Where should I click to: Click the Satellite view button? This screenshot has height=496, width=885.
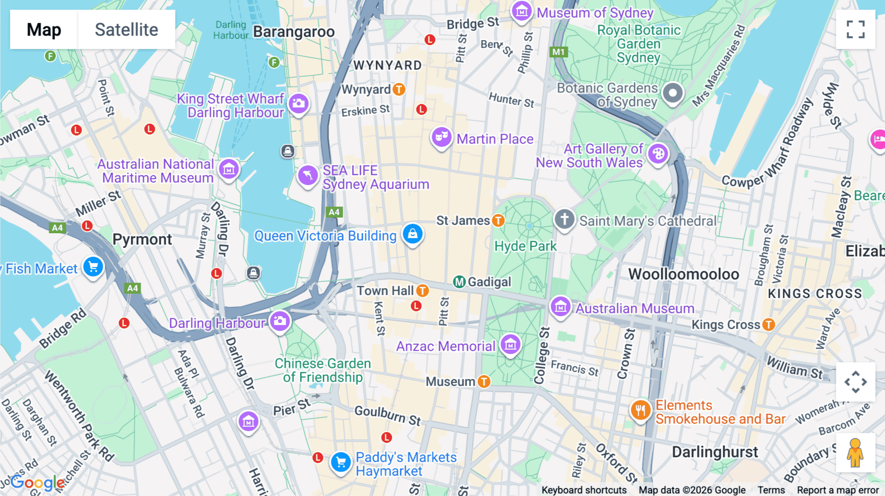pos(126,29)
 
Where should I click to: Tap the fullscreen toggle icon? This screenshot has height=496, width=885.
pos(855,29)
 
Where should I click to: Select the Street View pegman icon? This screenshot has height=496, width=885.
pos(855,452)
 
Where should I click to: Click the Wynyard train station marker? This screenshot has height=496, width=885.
pos(399,89)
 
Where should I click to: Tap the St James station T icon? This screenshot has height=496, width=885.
pos(498,220)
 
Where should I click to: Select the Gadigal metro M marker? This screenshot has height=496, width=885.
pos(459,282)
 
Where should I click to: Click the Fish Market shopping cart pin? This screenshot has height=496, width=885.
pos(93,267)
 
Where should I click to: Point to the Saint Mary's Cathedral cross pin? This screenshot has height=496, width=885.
pos(564,219)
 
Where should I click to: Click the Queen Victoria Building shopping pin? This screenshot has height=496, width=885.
pos(413,234)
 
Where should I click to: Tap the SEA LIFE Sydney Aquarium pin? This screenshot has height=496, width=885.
pos(308,175)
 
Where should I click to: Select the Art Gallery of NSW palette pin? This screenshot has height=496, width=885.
pos(658,154)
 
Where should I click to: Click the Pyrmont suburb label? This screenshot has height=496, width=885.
pos(142,240)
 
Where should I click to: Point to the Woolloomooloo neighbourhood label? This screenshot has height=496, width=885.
pos(683,274)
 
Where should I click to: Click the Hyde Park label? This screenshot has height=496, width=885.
pos(525,246)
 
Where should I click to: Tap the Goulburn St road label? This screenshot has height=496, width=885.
pos(387,415)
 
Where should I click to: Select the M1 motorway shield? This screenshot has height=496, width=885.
pos(558,52)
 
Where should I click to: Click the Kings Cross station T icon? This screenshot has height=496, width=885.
pos(768,325)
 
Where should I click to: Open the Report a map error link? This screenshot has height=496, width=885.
pos(837,490)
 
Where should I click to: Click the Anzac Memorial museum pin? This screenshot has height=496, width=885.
pos(510,345)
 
